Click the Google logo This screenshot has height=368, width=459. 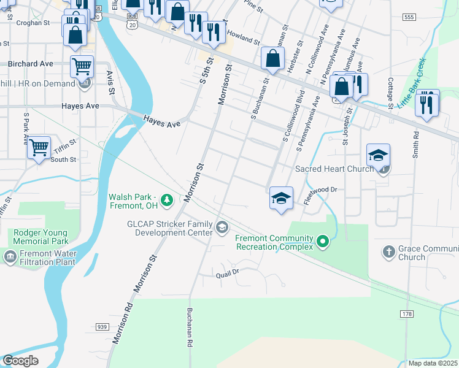(20, 361)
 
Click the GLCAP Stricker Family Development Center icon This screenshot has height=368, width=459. (221, 229)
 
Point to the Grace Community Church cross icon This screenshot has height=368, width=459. (388, 251)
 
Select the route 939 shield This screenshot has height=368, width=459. (102, 327)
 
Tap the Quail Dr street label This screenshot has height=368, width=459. (226, 275)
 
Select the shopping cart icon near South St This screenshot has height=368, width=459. (39, 147)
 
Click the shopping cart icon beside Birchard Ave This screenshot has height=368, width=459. (82, 66)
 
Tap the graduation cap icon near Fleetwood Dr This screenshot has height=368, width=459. (282, 199)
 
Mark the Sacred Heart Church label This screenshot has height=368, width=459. (334, 169)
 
